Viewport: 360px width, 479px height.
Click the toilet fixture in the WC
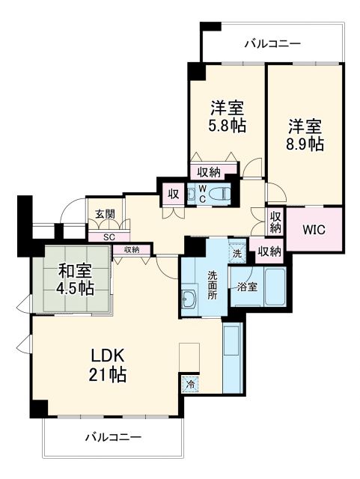(218, 195)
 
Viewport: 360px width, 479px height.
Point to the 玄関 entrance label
(105, 214)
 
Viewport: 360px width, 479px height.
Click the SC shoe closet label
(109, 237)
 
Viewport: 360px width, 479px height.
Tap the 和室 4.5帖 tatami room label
(73, 279)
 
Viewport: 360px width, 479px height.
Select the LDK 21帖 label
(107, 364)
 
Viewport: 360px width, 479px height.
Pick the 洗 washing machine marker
(237, 253)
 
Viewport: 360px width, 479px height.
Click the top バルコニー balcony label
(272, 44)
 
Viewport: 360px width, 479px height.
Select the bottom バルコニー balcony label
(112, 436)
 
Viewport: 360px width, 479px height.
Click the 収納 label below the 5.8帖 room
(210, 171)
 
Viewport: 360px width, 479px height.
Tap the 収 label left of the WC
(173, 194)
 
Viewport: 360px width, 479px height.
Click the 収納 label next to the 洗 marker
(269, 251)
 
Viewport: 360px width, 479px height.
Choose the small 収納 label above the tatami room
(132, 249)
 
